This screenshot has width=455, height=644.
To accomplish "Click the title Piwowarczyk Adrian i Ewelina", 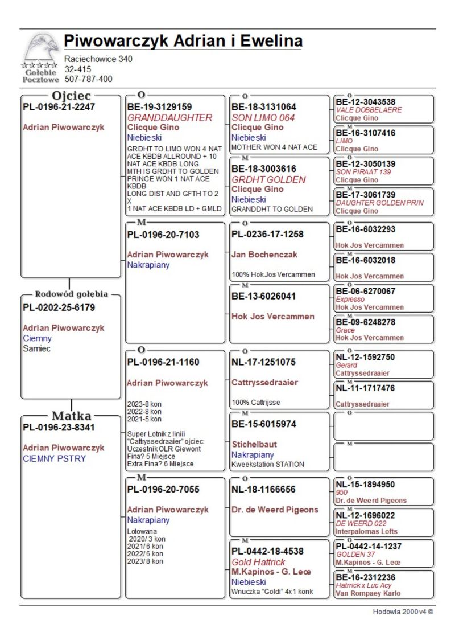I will click(x=183, y=41).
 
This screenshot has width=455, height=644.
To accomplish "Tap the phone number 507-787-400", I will click(x=88, y=79).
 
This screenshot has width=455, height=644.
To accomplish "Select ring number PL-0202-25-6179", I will click(x=59, y=307).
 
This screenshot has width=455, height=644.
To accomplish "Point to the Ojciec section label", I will click(x=72, y=95).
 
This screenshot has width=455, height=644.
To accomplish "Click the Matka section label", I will click(x=72, y=416).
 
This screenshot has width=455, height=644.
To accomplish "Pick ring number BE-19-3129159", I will click(x=159, y=106).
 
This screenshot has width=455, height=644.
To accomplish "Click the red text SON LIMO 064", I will click(x=263, y=117).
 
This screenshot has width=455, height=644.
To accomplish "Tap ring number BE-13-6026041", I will click(x=264, y=296).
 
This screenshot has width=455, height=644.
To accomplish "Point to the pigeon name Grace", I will click(x=345, y=330).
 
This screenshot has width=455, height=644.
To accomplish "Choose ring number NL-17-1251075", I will click(x=264, y=362).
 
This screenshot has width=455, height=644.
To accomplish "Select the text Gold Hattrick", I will click(x=258, y=562).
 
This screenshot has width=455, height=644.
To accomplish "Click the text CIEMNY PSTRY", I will click(x=55, y=458).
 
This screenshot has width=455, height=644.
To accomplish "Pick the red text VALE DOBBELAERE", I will click(x=369, y=110).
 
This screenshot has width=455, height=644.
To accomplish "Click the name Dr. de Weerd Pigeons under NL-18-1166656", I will click(x=275, y=510).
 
